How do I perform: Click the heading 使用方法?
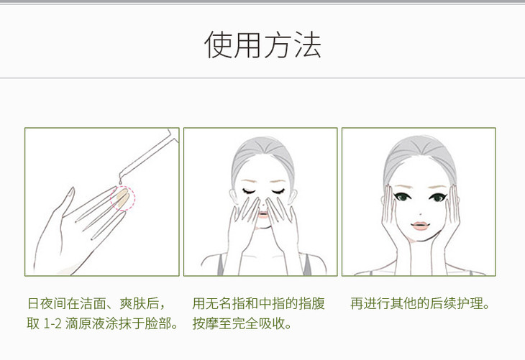click(x=262, y=45)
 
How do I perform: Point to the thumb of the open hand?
click(x=68, y=200)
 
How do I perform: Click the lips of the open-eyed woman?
click(x=419, y=226)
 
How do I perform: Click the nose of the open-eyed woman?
click(x=420, y=213)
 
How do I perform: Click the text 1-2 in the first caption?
click(x=52, y=324)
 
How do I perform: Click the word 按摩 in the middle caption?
click(x=205, y=323)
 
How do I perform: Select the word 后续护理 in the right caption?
click(x=457, y=303)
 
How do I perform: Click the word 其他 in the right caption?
click(x=403, y=303)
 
